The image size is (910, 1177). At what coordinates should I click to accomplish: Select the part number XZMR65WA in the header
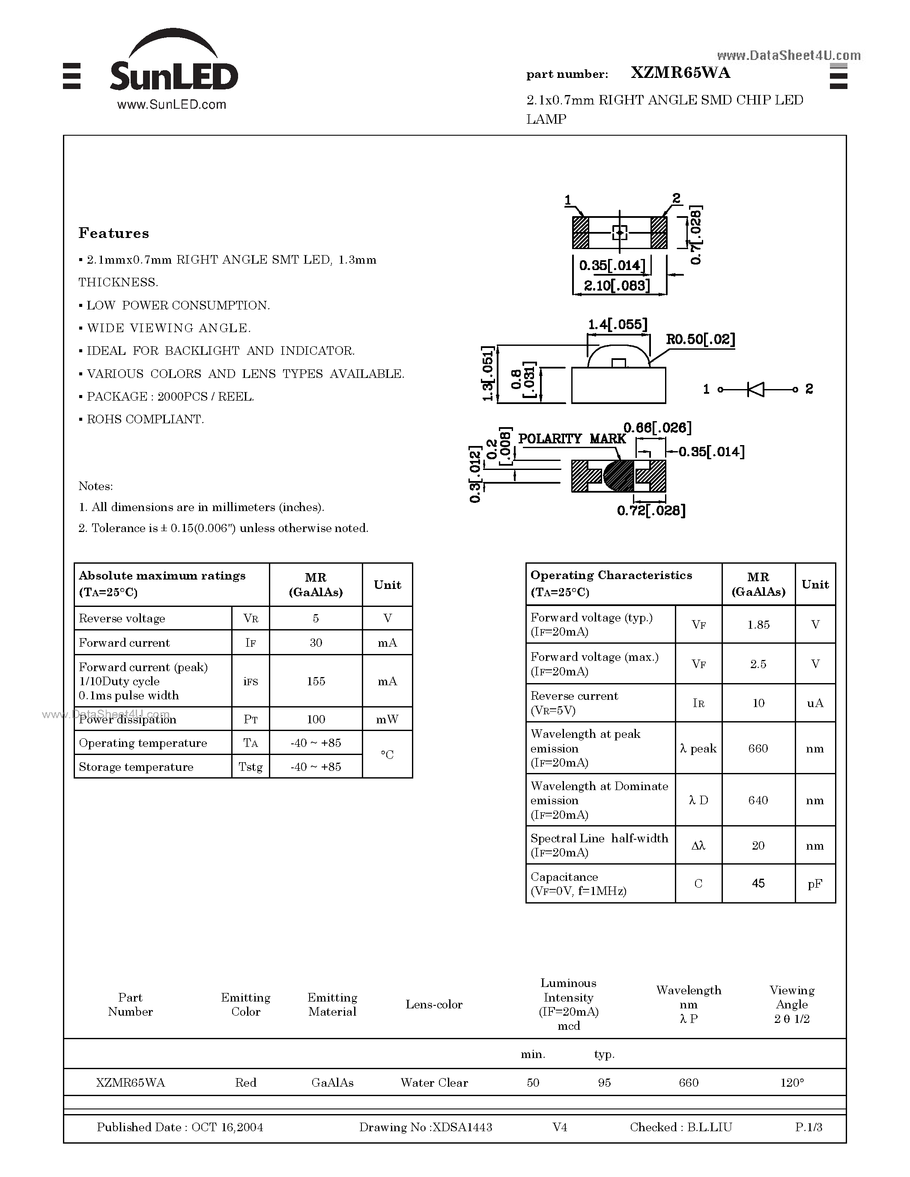[680, 73]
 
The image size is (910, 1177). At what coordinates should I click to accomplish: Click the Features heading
[114, 233]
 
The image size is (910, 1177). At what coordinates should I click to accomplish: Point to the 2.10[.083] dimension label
[617, 285]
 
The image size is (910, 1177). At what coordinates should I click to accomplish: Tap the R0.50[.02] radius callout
[700, 339]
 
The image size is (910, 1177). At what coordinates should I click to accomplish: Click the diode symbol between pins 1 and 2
[756, 389]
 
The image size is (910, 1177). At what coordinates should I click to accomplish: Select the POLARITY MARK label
[571, 439]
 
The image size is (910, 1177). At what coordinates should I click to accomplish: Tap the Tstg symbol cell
[251, 767]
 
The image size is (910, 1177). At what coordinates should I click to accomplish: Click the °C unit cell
[387, 755]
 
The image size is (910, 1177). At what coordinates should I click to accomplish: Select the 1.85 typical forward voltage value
[758, 624]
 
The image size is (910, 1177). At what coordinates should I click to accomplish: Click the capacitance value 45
[758, 883]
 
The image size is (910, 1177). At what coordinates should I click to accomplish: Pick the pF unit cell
[815, 883]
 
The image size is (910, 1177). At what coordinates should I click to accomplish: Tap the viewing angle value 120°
[791, 1083]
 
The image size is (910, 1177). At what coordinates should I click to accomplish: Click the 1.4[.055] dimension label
[617, 324]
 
